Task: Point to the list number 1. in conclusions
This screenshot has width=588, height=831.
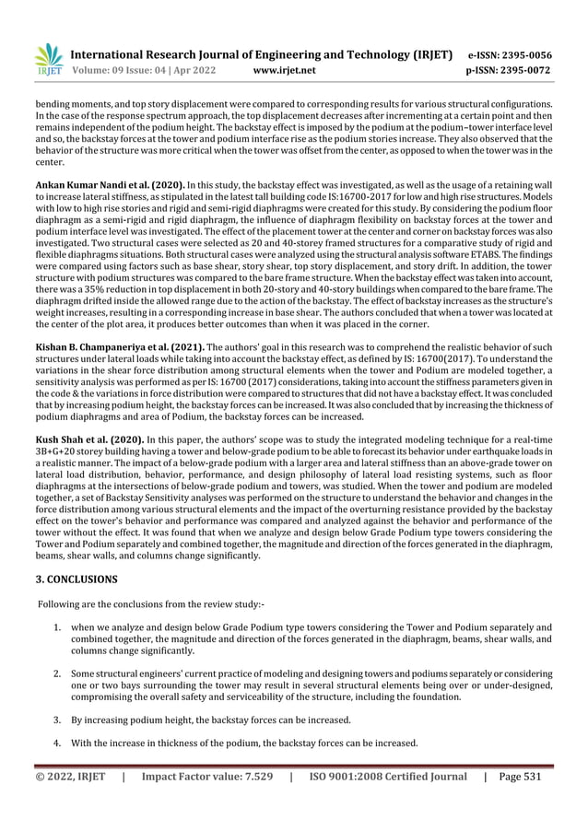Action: (57, 627)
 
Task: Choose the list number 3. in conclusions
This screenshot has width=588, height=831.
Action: (57, 720)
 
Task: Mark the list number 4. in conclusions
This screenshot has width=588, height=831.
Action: (57, 743)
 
